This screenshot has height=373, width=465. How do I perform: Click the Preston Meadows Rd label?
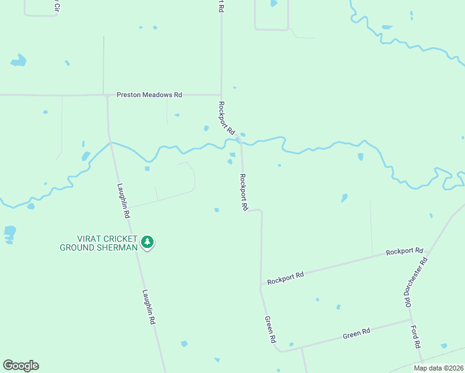click(149, 95)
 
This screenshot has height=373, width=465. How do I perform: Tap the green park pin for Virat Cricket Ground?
click(147, 242)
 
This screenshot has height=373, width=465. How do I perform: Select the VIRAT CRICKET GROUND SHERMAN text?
click(98, 242)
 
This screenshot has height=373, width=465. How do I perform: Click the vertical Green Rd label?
click(270, 330)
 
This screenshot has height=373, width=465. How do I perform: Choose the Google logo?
click(21, 366)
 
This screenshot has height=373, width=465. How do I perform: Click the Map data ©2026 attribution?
click(438, 368)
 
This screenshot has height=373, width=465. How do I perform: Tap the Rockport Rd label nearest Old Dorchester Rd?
click(404, 251)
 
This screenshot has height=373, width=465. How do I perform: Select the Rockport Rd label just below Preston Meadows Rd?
click(226, 118)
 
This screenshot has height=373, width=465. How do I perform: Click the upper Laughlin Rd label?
click(123, 200)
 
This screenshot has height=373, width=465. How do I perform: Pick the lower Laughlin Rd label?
click(148, 308)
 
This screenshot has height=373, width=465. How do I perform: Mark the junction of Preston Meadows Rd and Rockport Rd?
click(221, 95)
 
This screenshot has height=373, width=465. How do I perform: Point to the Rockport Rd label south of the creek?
click(244, 191)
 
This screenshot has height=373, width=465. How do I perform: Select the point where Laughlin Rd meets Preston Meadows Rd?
click(107, 95)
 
